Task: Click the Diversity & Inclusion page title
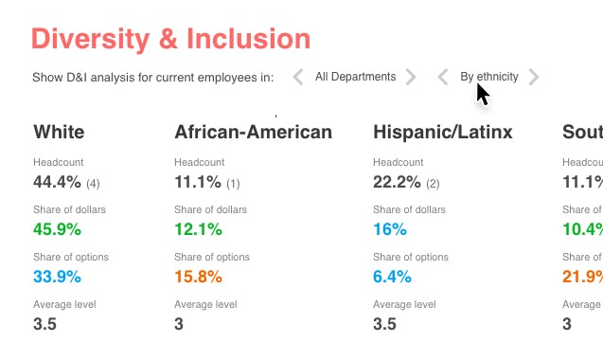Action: coord(170,39)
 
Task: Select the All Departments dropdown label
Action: coord(355,77)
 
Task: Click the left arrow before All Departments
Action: coord(298,77)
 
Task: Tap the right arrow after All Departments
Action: coord(411,77)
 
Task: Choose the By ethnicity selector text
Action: coord(489,77)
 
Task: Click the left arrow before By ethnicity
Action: coord(443,77)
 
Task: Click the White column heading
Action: coord(59,132)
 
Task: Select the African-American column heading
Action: coord(253,132)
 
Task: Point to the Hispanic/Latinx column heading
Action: coord(443,132)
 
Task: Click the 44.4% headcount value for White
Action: coord(57,182)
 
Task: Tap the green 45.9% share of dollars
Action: coord(57,229)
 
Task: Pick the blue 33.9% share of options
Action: coord(57,277)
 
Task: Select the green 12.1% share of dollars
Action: coord(199,229)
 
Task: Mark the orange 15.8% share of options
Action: coord(199,277)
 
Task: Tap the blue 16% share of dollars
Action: coord(390,229)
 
